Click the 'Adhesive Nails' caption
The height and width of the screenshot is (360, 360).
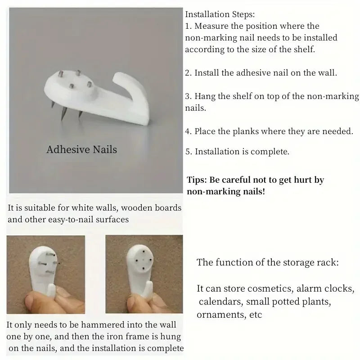click(x=82, y=149)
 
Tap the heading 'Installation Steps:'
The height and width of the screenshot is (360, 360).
click(x=220, y=14)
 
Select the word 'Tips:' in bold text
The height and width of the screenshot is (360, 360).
click(x=197, y=180)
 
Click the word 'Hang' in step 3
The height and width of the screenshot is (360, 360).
click(x=205, y=96)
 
